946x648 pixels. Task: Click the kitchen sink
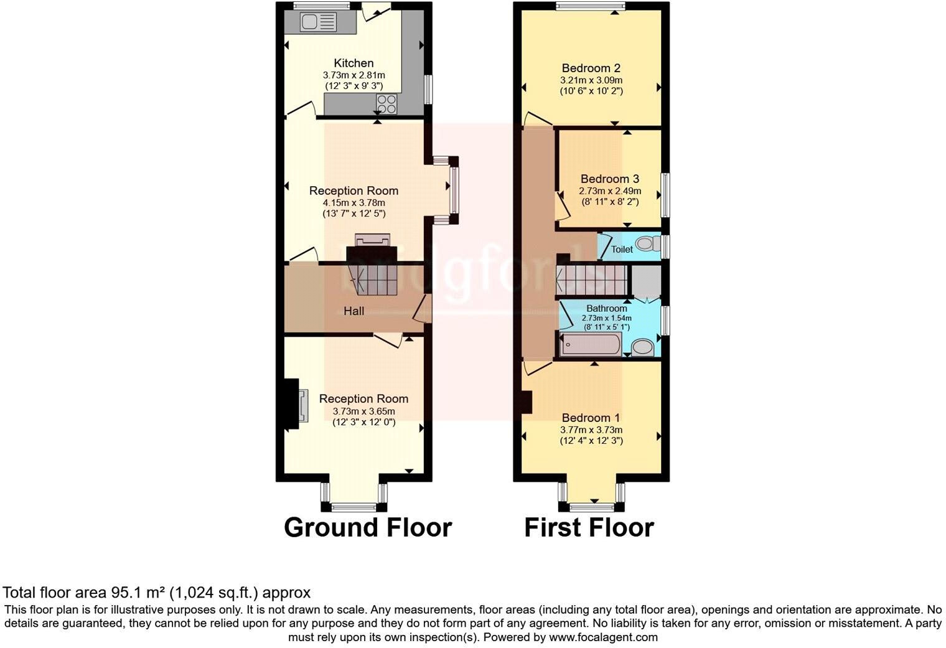[x=319, y=22]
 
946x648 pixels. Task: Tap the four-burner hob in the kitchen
[x=387, y=104]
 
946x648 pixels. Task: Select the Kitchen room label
[x=354, y=63]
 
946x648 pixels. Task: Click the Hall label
[x=354, y=311]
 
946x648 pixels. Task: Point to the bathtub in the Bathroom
[x=591, y=344]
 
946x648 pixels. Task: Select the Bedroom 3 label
[x=610, y=179]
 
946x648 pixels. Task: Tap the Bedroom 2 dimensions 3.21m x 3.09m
[x=591, y=80]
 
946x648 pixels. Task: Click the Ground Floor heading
[x=368, y=527]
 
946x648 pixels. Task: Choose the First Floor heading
[x=589, y=527]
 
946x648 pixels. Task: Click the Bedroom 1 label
[x=591, y=418]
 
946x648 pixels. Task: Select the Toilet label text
[x=622, y=249]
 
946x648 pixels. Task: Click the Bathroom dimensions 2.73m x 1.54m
[x=607, y=318]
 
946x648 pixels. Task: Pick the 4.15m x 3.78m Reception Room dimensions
[x=354, y=203]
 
